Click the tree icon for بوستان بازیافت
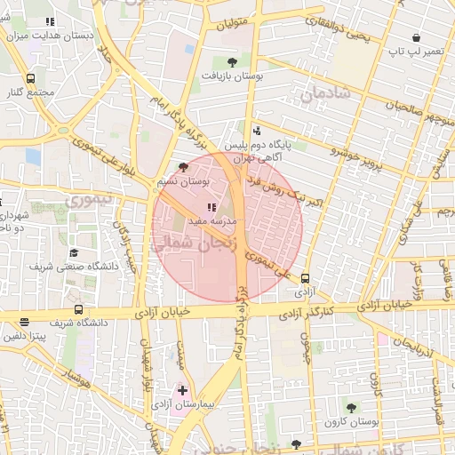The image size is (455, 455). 232,62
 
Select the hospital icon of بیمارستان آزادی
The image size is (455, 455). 183,389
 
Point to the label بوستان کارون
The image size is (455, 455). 350,424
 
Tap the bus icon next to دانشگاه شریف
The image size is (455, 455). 80,310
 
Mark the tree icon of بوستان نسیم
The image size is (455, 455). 183,166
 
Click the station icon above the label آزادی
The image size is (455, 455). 306,277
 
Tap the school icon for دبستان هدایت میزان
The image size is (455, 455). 50,21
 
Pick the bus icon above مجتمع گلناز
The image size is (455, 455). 31,78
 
